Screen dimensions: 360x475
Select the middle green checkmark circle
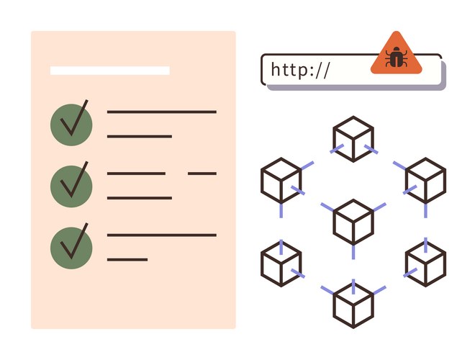pos(71,185)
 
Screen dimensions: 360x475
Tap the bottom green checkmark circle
pos(71,246)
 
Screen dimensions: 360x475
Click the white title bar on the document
pos(110,71)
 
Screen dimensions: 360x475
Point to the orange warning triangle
pos(394,55)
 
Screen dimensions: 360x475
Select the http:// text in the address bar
pos(300,70)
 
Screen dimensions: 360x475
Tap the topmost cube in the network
pos(353,139)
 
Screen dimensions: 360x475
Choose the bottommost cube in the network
pos(353,303)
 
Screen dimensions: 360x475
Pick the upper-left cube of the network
pos(281,180)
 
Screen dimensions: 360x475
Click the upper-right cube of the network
pos(426,180)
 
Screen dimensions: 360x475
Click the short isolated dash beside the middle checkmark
pos(202,174)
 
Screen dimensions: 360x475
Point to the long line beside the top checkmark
pos(161,112)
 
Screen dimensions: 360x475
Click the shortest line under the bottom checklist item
pos(127,259)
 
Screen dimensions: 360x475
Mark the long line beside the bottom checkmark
pos(161,235)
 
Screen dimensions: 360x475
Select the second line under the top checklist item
pos(140,136)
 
